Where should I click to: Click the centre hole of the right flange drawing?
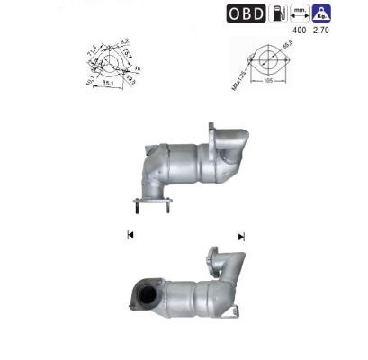pos(268,58)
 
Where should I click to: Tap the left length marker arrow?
pos(130,235)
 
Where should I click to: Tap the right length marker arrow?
pos(241,236)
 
